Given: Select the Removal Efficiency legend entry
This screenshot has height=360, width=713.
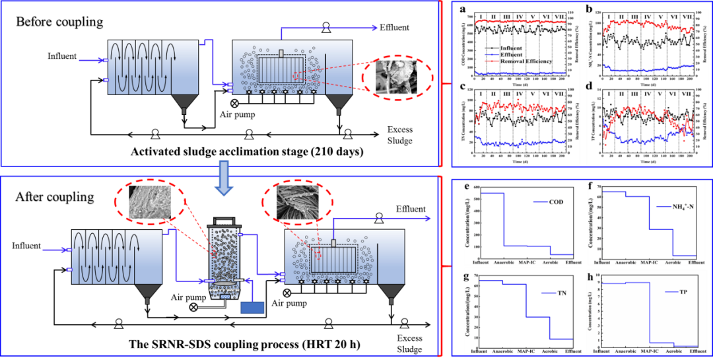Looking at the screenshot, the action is click(x=526, y=61).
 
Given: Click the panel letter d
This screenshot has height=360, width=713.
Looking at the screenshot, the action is click(x=589, y=86).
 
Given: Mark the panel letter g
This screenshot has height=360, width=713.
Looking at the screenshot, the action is click(x=467, y=275).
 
